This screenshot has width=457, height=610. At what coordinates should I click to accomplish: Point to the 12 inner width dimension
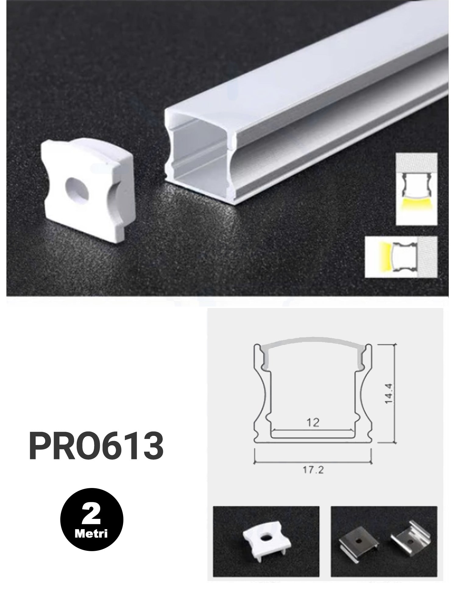point(313,422)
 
